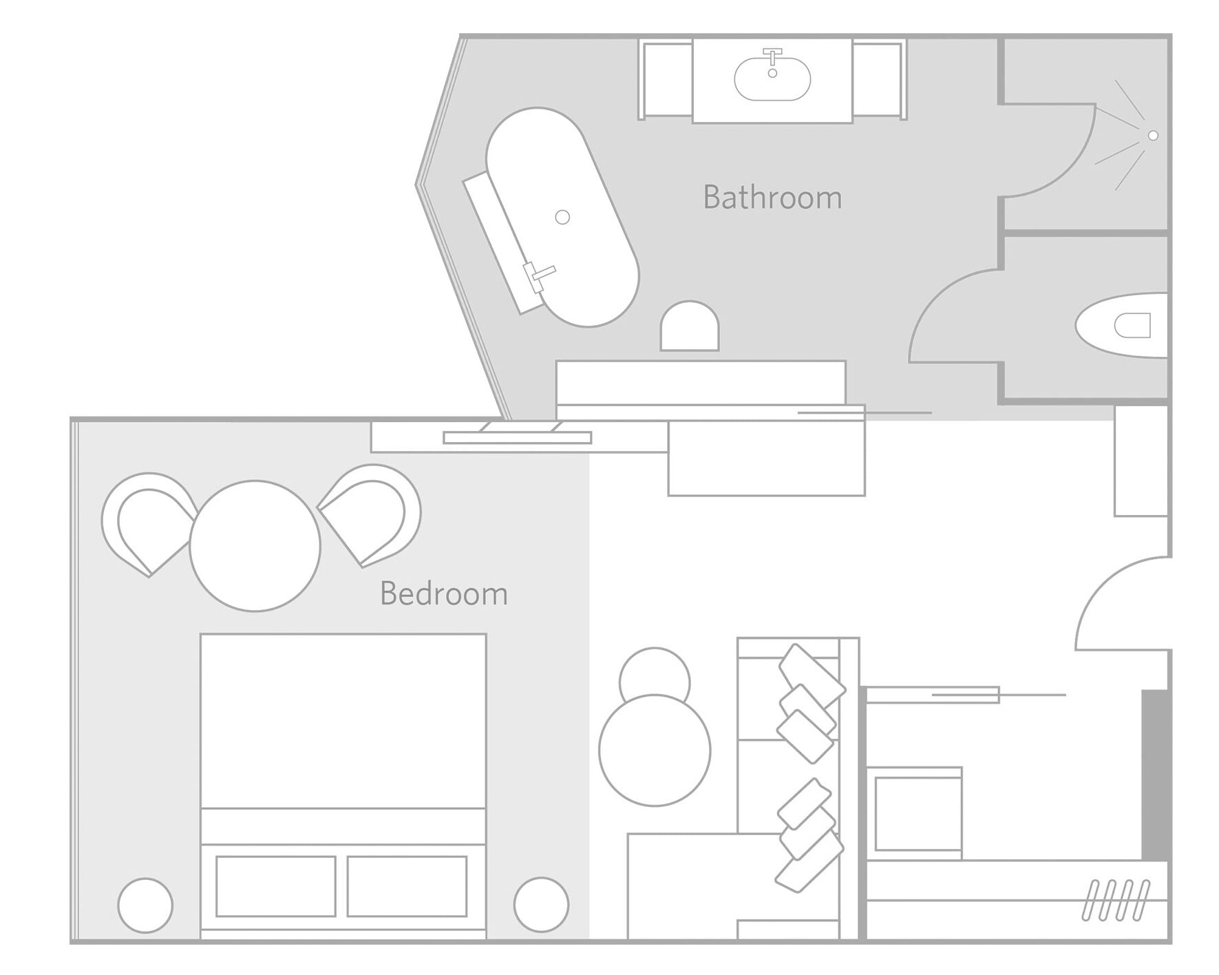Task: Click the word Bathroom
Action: (772, 198)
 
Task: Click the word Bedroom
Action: (444, 594)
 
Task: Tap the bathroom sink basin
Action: (772, 78)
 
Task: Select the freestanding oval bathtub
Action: (562, 217)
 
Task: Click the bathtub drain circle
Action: (562, 218)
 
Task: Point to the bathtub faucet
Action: (538, 275)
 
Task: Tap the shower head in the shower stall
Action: (1153, 136)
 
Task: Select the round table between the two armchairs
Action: (255, 545)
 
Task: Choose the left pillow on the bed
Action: (275, 886)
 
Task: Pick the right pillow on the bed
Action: (407, 886)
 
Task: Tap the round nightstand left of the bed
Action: (145, 905)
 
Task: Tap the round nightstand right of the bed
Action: (541, 905)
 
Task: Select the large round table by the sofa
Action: (655, 751)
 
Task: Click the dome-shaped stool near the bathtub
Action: (690, 328)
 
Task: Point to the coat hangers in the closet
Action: (1116, 899)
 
